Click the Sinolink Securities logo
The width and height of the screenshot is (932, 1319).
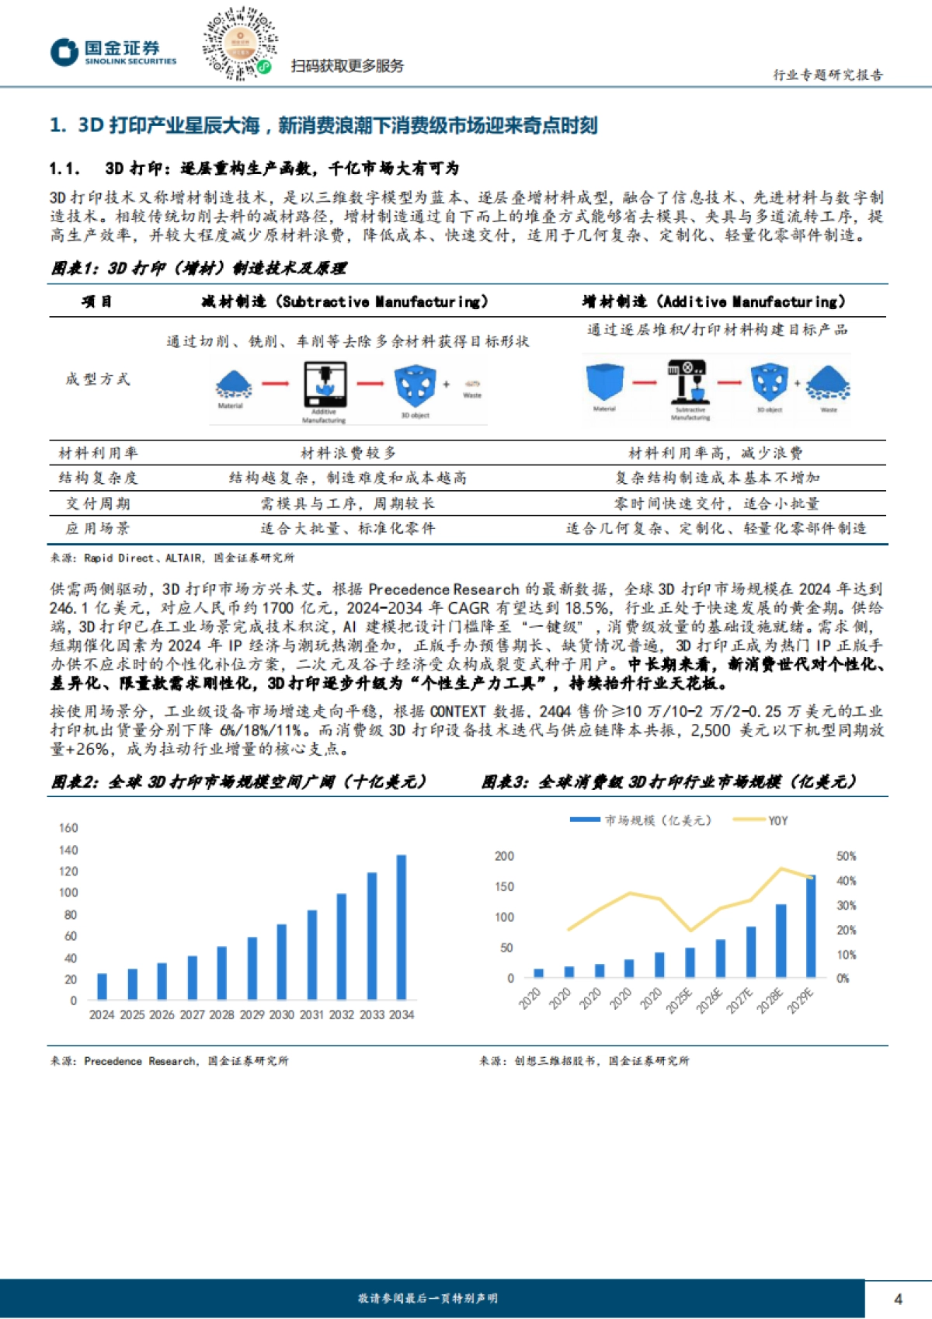[x=113, y=52]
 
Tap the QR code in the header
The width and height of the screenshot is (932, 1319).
[x=239, y=44]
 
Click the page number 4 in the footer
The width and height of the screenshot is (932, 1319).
[x=898, y=1299]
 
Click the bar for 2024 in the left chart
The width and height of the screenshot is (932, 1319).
[x=102, y=986]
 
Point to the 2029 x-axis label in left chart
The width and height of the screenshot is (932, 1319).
[x=252, y=1014]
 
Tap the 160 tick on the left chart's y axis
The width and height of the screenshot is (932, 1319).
[x=68, y=828]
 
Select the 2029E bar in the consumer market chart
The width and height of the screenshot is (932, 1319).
[x=811, y=925]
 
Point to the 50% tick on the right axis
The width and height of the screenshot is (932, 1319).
[x=846, y=856]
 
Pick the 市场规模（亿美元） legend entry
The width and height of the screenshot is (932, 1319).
[x=641, y=820]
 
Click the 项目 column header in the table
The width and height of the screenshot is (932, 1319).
[x=97, y=301]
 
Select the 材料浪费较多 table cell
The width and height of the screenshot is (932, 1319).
[x=348, y=452]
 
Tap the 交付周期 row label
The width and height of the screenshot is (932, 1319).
[x=97, y=503]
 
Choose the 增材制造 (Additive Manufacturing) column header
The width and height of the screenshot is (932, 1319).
[x=714, y=301]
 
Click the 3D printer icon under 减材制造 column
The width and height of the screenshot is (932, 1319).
[x=324, y=384]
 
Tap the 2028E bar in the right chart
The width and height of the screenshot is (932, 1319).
[x=781, y=940]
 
